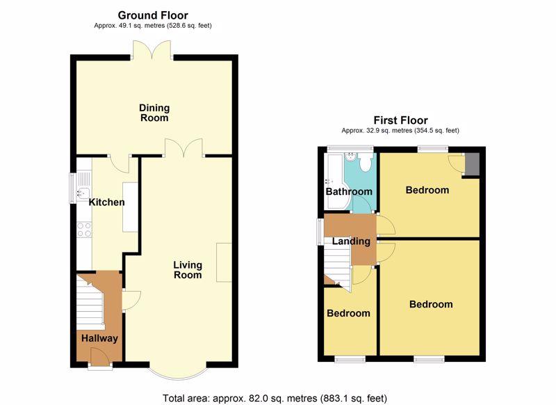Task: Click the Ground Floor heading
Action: pyautogui.click(x=153, y=15)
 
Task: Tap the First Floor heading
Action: pyautogui.click(x=401, y=120)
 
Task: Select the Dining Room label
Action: pyautogui.click(x=154, y=113)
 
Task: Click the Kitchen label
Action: pyautogui.click(x=106, y=202)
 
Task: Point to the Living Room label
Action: pyautogui.click(x=188, y=270)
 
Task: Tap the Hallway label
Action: pyautogui.click(x=99, y=338)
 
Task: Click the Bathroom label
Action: pyautogui.click(x=349, y=191)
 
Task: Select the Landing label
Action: pyautogui.click(x=351, y=241)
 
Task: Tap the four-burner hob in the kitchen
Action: pyautogui.click(x=84, y=230)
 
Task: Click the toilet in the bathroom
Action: pyautogui.click(x=364, y=163)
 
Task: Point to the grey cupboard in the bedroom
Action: pyautogui.click(x=472, y=164)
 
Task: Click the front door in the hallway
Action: pyautogui.click(x=100, y=356)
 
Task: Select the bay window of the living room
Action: pyautogui.click(x=178, y=373)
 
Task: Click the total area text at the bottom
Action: pyautogui.click(x=275, y=398)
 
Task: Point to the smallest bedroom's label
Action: pyautogui.click(x=348, y=313)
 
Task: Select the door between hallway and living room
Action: pyautogui.click(x=131, y=301)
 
